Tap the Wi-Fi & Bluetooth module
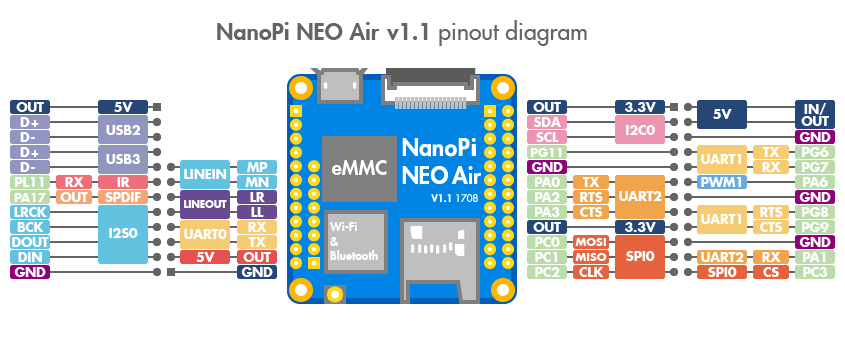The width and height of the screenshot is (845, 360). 356,243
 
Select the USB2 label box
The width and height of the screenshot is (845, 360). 123,129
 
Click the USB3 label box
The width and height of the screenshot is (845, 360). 123,159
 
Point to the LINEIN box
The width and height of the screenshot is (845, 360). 205,174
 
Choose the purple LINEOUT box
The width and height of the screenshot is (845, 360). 205,204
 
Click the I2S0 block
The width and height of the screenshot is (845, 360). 123,234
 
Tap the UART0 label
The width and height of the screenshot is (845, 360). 205,234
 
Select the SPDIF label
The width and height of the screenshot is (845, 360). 123,197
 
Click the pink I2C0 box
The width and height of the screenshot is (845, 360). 640,129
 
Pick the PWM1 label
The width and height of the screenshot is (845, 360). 722,182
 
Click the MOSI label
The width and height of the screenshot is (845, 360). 591,241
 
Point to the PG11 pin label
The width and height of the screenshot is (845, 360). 547,152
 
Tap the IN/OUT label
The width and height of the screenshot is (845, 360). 815,114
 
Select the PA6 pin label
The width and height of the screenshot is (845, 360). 815,182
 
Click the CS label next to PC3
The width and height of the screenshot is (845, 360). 771,272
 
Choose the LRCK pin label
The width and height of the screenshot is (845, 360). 30,212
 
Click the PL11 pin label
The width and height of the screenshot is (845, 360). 30,182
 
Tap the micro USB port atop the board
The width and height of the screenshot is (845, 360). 340,85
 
